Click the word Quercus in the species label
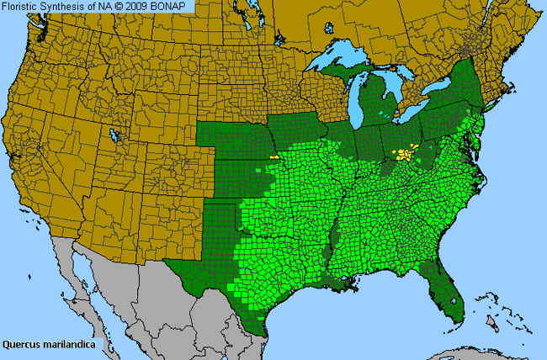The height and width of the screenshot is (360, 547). tap(23, 344)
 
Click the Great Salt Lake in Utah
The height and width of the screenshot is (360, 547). tap(113, 134)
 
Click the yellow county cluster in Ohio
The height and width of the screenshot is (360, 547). tap(407, 154)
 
